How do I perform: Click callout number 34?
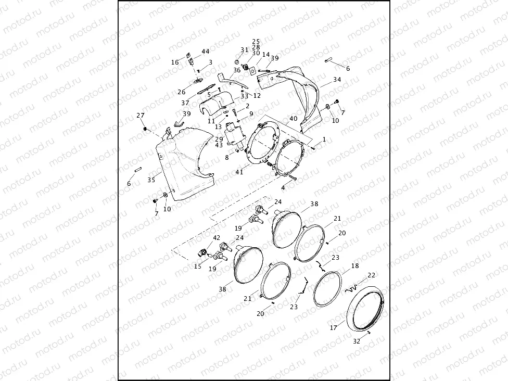click(337, 80)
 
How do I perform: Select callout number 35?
click(151, 180)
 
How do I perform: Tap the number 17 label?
click(334, 328)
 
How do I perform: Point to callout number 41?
click(239, 172)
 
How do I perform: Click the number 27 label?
click(141, 115)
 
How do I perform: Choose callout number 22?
click(371, 275)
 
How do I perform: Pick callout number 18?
click(355, 266)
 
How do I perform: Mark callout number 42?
click(217, 238)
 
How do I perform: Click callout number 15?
click(198, 266)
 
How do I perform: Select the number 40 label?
click(294, 119)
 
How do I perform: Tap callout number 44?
click(206, 52)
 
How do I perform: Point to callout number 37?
click(185, 103)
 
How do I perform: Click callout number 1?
click(324, 139)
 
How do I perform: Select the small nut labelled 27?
click(145, 128)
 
